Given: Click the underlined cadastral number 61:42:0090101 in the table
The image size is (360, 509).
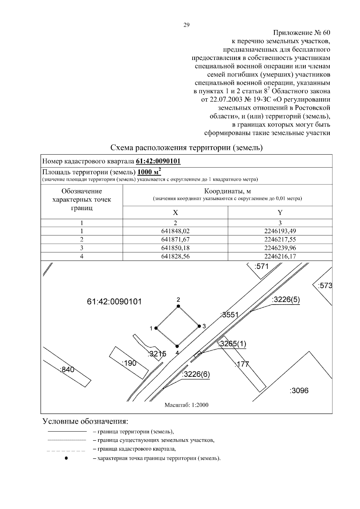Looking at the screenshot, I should click(158, 161).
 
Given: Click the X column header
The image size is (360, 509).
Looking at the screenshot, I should click(175, 213).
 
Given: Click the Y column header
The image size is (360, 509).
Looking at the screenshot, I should click(280, 213).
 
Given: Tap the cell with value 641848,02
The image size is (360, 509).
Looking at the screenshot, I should click(175, 231).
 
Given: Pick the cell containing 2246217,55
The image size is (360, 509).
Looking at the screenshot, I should click(280, 240).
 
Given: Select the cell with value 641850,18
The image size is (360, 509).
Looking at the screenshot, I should click(175, 248).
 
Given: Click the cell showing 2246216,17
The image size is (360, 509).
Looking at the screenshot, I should click(280, 256).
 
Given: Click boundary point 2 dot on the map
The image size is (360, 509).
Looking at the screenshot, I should click(178, 306).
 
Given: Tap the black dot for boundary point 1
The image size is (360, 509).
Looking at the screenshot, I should click(156, 328).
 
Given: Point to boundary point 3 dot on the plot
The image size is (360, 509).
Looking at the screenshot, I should click(199, 326).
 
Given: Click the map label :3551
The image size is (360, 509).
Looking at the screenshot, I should click(229, 315).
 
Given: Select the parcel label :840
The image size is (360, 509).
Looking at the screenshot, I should click(67, 370).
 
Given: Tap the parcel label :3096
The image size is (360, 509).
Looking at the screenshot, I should click(299, 391).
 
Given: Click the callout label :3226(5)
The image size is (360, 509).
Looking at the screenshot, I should click(286, 300).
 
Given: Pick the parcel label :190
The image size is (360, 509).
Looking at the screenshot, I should click(129, 363).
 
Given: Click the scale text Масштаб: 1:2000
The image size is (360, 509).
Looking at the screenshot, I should click(186, 405).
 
